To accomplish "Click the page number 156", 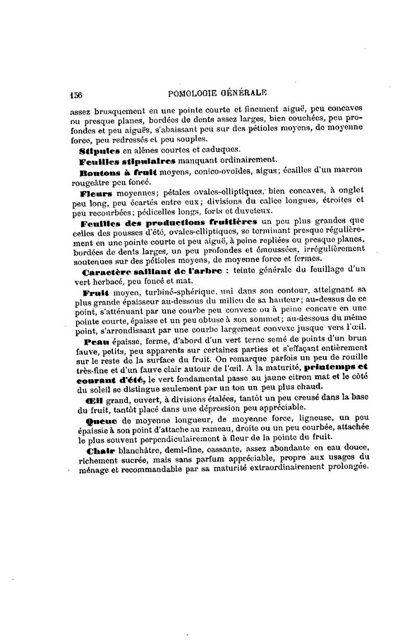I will [76, 95].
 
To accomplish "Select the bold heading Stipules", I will [94, 150].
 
